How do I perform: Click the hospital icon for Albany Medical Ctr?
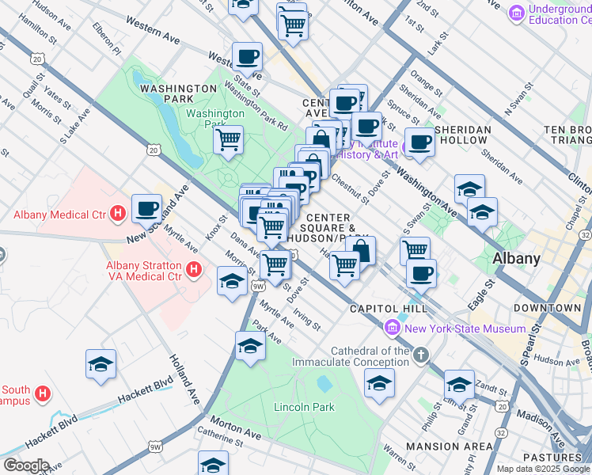pyautogui.click(x=118, y=214)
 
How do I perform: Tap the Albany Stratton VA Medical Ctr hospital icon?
pyautogui.click(x=193, y=271)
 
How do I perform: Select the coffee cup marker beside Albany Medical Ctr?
pyautogui.click(x=146, y=209)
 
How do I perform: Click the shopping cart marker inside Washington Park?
pyautogui.click(x=228, y=140)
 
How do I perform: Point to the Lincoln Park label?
pyautogui.click(x=304, y=407)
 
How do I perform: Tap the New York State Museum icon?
pyautogui.click(x=392, y=328)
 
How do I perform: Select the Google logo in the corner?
pyautogui.click(x=25, y=465)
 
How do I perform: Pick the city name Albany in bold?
pyautogui.click(x=516, y=258)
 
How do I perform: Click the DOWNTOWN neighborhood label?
pyautogui.click(x=547, y=307)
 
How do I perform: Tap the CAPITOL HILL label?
pyautogui.click(x=389, y=308)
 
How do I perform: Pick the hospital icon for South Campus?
pyautogui.click(x=44, y=392)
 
